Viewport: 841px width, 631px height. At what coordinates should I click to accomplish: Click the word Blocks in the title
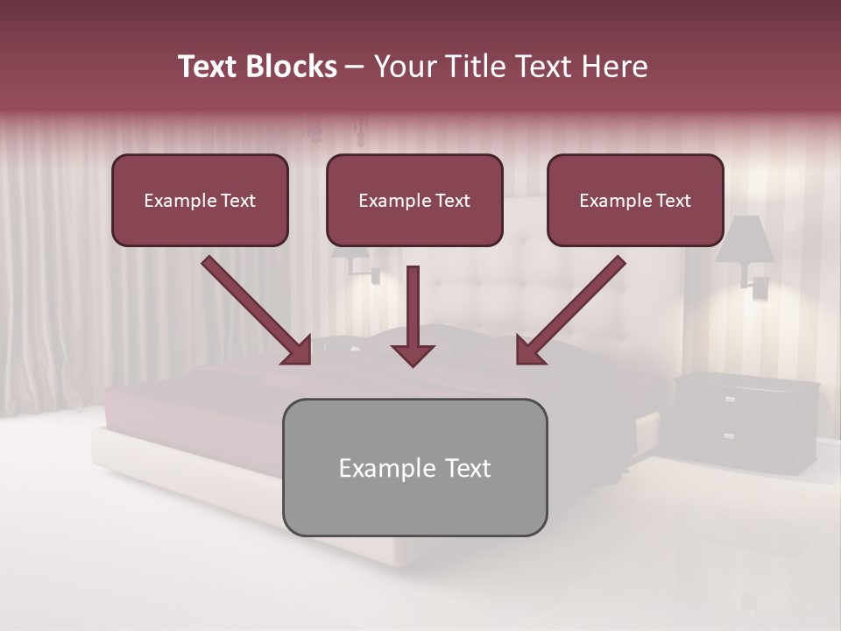click(293, 67)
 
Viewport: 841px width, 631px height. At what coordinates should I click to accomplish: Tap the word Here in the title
click(616, 67)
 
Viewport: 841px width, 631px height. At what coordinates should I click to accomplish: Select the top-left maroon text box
click(200, 200)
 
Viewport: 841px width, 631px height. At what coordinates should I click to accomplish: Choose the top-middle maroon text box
click(414, 200)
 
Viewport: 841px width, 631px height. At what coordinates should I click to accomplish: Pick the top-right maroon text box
click(635, 200)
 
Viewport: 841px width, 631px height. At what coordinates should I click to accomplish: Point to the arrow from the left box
click(257, 311)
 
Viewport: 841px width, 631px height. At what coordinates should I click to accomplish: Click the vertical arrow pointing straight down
click(413, 315)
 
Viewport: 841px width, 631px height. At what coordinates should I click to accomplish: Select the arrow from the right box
click(570, 311)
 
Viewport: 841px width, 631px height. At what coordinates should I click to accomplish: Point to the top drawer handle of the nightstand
click(730, 399)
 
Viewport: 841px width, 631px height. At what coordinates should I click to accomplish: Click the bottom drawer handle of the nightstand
click(729, 436)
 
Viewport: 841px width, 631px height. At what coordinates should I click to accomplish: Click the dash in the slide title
click(355, 67)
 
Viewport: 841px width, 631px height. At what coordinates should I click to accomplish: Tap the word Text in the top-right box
click(674, 201)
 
